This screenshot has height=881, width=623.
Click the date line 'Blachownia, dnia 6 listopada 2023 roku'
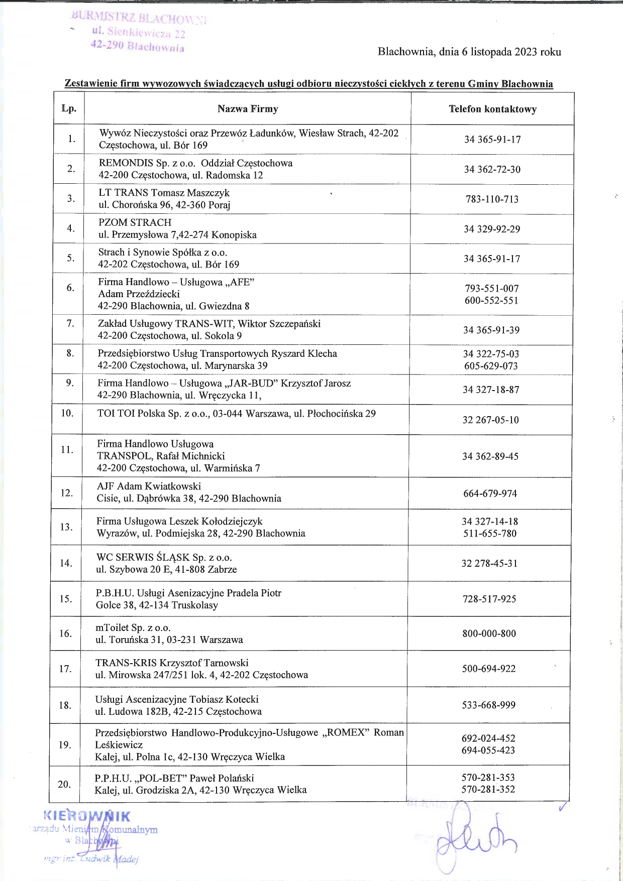click(469, 52)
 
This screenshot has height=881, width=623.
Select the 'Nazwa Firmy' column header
click(247, 109)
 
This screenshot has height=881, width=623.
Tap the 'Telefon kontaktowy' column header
click(492, 109)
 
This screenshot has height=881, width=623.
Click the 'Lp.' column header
click(69, 108)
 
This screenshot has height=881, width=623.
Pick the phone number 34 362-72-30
click(492, 169)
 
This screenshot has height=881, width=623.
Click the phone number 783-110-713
click(492, 199)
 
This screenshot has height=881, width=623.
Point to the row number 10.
click(67, 413)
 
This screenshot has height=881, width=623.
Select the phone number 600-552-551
click(491, 301)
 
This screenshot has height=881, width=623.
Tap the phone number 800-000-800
click(489, 634)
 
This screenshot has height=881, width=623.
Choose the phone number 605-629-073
click(491, 366)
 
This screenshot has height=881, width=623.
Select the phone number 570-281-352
click(488, 789)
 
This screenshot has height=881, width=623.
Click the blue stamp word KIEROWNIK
click(87, 816)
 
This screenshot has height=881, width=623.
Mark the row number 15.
click(66, 598)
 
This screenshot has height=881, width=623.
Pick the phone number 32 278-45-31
click(489, 563)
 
